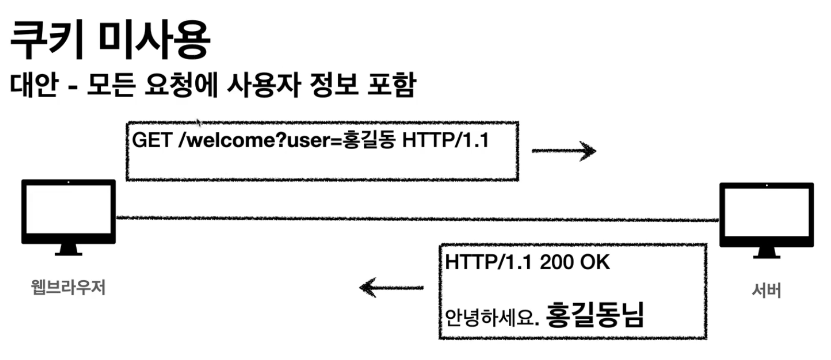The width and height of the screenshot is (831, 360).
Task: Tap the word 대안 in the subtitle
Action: coord(34,85)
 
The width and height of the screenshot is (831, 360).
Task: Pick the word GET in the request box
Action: coord(151,140)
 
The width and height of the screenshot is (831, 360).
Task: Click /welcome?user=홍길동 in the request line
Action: coord(287,140)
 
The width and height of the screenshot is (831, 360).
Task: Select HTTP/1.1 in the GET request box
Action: coord(445,140)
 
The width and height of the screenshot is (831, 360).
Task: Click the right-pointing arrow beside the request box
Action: coord(564,151)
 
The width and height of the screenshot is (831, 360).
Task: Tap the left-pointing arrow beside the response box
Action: coord(391,287)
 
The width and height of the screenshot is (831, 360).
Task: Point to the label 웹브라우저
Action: coord(68,287)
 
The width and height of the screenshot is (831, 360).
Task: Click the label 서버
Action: coord(766,290)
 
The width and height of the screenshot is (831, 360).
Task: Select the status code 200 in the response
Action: coord(556,262)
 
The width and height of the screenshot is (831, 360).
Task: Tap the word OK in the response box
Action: coord(595,262)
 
